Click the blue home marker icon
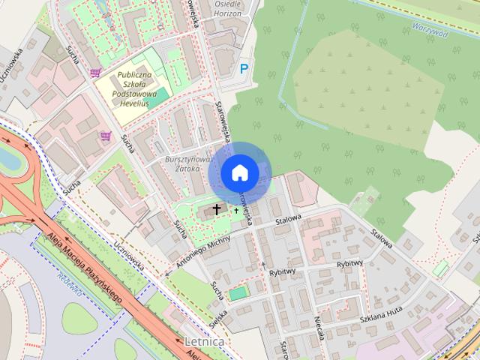tap(239, 172)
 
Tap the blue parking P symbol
tap(243, 68)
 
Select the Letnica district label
tap(203, 342)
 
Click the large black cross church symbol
tap(217, 208)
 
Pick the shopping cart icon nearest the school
tap(95, 73)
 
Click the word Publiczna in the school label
tap(135, 75)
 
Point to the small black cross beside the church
tap(236, 211)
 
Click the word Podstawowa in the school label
tap(133, 94)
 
